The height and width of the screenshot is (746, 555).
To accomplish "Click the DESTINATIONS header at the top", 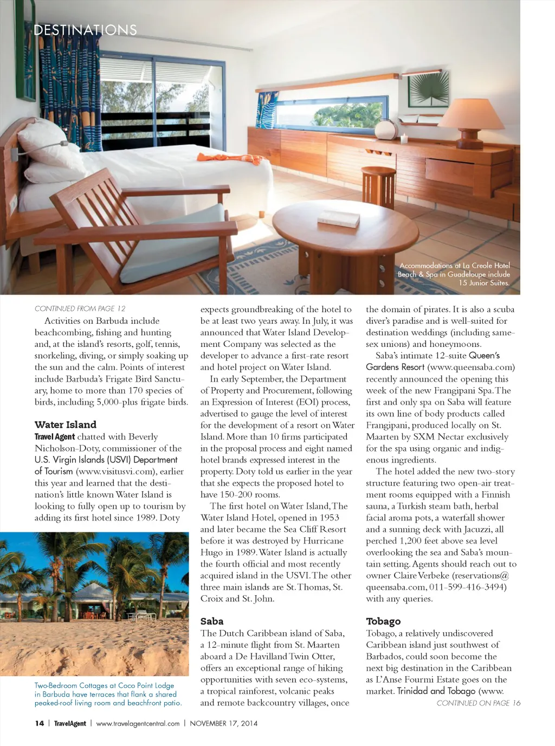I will (85, 30).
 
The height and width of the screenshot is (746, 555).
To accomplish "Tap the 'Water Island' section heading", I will (66, 425).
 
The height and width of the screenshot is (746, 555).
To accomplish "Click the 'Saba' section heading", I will (212, 621).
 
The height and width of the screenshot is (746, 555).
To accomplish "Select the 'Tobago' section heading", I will (383, 621).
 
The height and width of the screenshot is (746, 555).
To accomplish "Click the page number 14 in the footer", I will (40, 723).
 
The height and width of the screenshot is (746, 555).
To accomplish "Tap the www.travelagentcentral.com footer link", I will (138, 723).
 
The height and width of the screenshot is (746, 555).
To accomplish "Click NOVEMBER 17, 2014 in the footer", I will (223, 723).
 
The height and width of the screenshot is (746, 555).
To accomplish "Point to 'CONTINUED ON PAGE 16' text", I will (478, 703).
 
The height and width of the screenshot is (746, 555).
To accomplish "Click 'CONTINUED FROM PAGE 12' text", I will (80, 308).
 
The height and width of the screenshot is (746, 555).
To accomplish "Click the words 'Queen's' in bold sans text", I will (484, 356).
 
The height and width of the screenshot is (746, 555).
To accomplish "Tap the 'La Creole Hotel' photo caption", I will (454, 274).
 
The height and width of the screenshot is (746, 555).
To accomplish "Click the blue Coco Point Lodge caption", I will (108, 694).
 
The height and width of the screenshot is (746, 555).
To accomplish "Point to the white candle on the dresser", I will (403, 139).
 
